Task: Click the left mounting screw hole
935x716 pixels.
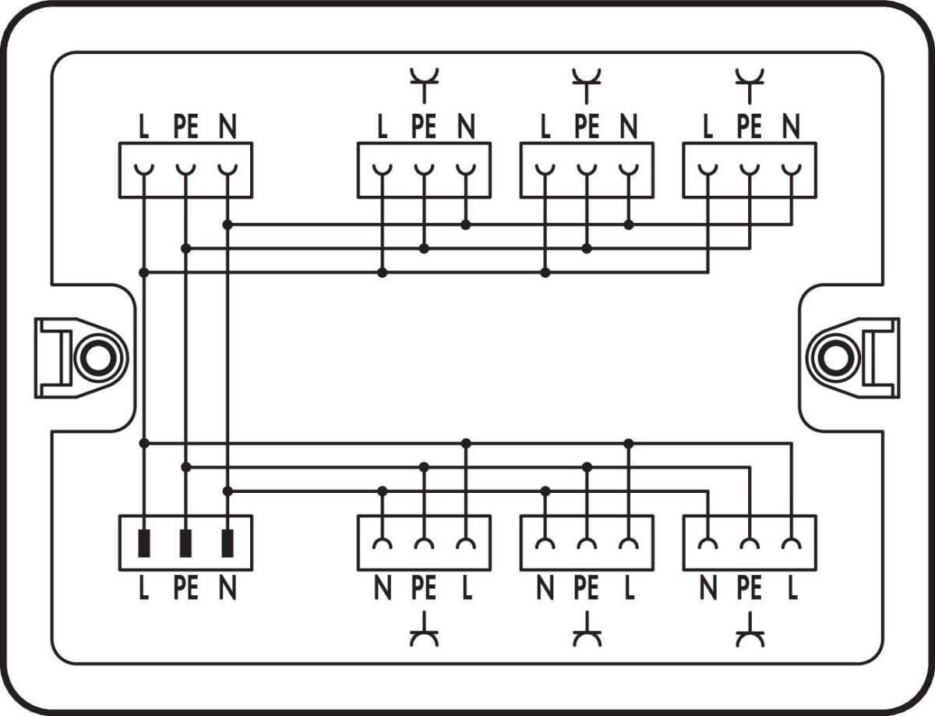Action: [97, 358]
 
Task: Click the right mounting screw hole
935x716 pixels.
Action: [837, 358]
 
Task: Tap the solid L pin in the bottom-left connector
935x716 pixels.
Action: [143, 543]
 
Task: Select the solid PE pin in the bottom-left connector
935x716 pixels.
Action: [185, 543]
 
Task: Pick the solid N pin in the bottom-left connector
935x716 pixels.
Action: [228, 543]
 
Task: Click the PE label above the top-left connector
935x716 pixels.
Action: [185, 126]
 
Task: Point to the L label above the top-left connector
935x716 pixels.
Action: [143, 126]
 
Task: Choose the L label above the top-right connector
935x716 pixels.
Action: [707, 126]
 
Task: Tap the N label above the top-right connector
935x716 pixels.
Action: [792, 126]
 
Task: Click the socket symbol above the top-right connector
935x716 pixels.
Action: [750, 84]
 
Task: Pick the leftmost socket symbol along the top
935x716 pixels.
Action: [424, 84]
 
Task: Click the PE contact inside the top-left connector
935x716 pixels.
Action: [185, 170]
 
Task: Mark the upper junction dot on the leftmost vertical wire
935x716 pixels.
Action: [143, 272]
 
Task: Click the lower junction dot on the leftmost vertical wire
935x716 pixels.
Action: [143, 443]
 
